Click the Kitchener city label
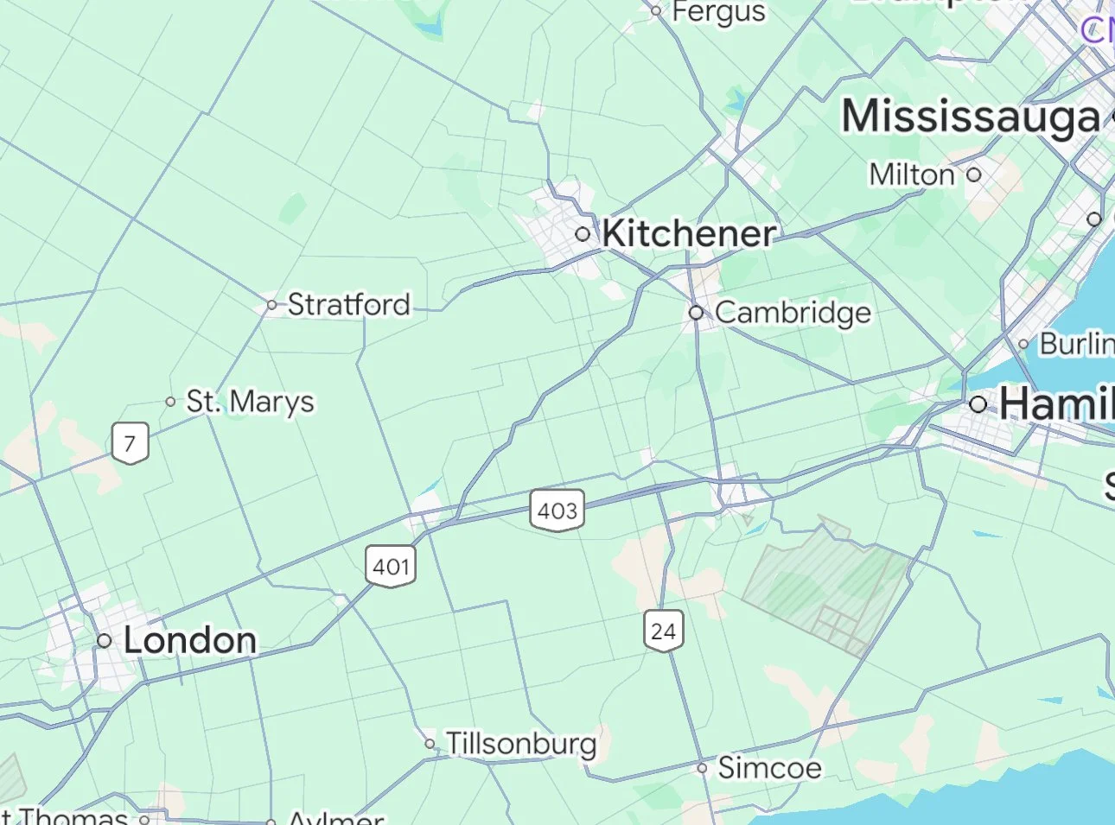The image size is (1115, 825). click(x=689, y=233)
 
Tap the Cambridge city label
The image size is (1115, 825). click(x=793, y=313)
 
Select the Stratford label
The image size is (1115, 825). click(x=348, y=304)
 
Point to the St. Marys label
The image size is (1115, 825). click(x=251, y=402)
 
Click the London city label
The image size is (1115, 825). click(x=190, y=640)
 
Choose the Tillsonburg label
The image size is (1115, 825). click(x=521, y=743)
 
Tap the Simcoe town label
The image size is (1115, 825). click(x=769, y=767)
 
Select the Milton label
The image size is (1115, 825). click(x=912, y=175)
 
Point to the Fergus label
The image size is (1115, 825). click(x=718, y=12)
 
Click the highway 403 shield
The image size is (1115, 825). click(x=557, y=511)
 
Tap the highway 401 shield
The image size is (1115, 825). click(x=391, y=567)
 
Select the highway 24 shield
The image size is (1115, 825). click(x=664, y=631)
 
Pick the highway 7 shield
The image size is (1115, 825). click(x=130, y=444)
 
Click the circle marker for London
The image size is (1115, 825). click(x=105, y=641)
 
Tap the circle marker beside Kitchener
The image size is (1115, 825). click(x=583, y=234)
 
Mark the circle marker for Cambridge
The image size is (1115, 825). click(x=697, y=313)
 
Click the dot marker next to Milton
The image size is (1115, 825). click(x=974, y=175)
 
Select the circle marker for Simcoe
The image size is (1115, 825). click(x=703, y=768)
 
